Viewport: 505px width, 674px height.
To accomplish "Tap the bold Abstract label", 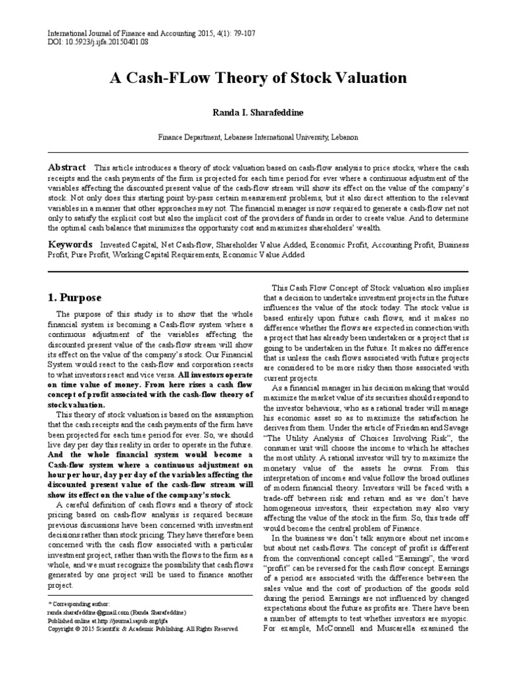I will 68,168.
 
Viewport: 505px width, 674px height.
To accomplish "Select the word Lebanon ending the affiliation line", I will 343,138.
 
